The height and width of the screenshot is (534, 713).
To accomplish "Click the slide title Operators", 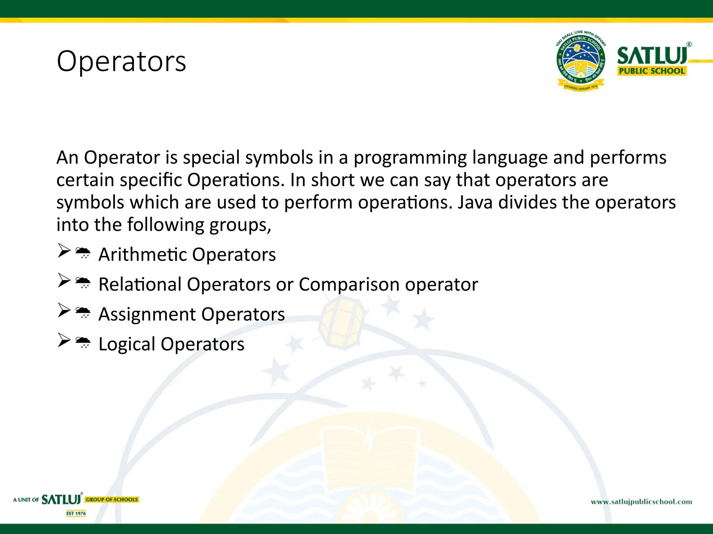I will pyautogui.click(x=121, y=61).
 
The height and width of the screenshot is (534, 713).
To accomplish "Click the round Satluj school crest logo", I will pyautogui.click(x=580, y=61).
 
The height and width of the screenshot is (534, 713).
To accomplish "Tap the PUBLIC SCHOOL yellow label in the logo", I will pyautogui.click(x=651, y=71).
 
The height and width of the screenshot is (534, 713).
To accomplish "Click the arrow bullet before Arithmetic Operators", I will pyautogui.click(x=64, y=250).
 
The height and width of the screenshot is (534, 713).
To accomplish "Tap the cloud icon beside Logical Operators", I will pyautogui.click(x=83, y=342).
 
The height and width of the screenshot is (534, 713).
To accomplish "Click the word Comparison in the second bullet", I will pyautogui.click(x=349, y=284).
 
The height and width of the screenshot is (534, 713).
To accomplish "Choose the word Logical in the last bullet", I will pyautogui.click(x=127, y=344).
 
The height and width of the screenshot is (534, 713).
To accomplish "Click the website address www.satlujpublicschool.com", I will pyautogui.click(x=641, y=502).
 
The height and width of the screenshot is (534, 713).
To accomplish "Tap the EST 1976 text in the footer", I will pyautogui.click(x=76, y=513).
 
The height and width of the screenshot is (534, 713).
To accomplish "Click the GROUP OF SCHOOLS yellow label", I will pyautogui.click(x=112, y=500).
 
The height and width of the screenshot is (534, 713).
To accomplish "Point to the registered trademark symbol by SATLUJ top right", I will pyautogui.click(x=689, y=44).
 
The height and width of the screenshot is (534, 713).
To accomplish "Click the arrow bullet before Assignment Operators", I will pyautogui.click(x=64, y=310).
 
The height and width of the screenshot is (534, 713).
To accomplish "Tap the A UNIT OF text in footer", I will pyautogui.click(x=26, y=500).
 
